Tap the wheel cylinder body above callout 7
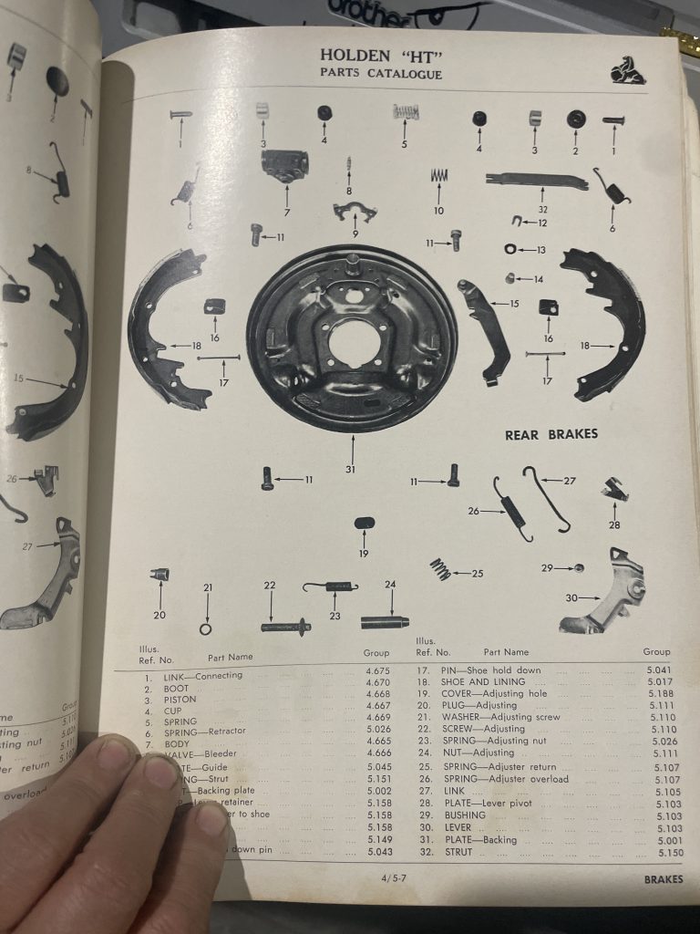(285, 164)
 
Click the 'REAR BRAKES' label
(551, 434)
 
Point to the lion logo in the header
(628, 69)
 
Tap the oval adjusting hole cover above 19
(364, 523)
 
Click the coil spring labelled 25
(440, 569)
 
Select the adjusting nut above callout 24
(385, 623)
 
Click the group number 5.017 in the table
(658, 681)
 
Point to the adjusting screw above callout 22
(285, 627)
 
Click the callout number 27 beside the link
(569, 481)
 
